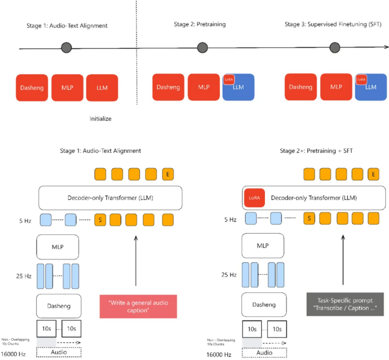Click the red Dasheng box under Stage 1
32,88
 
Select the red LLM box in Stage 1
102,88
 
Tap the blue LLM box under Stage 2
238,87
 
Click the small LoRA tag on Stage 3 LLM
361,80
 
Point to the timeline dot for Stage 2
203,47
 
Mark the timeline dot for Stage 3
335,47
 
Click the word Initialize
101,119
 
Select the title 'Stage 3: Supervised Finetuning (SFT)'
333,24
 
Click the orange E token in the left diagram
168,174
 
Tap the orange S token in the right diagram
309,218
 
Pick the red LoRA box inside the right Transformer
254,198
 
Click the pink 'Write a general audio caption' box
138,306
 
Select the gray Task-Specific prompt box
345,304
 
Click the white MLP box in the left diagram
57,247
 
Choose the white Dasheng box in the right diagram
264,305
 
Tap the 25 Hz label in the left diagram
24,276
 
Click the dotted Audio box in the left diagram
59,352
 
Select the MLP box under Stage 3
336,87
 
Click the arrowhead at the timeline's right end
387,47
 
